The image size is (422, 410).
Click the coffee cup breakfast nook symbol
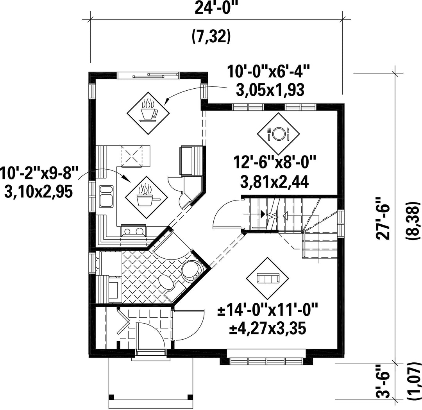click(x=148, y=113)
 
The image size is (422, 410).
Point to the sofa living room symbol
click(x=268, y=278)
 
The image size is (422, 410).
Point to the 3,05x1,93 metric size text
click(x=270, y=90)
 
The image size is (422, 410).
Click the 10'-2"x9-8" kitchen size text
click(x=39, y=173)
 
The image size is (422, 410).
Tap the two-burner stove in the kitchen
click(x=134, y=231)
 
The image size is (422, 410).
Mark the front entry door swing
click(x=150, y=336)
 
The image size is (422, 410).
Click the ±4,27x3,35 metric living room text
click(x=268, y=329)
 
